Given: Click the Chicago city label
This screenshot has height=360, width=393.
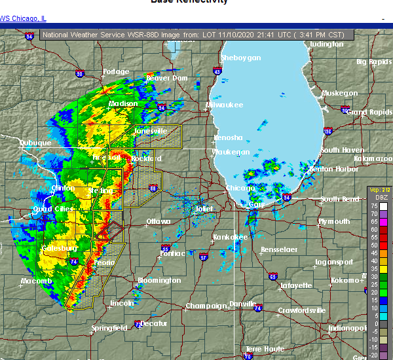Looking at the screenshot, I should tap(240, 189).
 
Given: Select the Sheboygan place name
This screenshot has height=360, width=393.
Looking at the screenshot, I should tap(242, 58).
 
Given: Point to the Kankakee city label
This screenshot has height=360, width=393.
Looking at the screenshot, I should tap(231, 237).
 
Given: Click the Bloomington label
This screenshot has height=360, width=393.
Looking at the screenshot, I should tap(159, 281).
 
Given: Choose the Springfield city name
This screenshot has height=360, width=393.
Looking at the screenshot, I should tap(110, 327).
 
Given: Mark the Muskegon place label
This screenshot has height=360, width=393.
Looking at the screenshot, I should tap(341, 94).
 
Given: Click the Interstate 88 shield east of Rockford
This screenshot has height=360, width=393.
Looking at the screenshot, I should tap(153, 188).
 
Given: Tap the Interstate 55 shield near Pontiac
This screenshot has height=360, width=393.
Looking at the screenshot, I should tap(166, 249).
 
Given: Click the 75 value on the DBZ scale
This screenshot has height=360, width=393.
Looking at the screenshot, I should tap(373, 206).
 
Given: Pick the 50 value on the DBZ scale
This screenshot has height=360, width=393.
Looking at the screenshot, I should tap(373, 245).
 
